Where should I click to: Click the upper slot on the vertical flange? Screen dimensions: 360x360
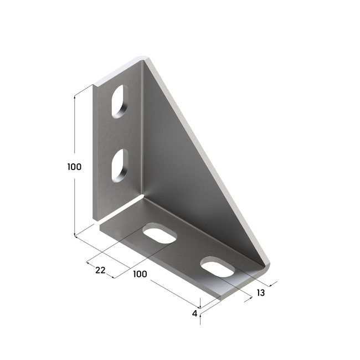click(119, 101)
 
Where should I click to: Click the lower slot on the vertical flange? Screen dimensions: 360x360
click(119, 165)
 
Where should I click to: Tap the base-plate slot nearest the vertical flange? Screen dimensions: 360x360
click(160, 234)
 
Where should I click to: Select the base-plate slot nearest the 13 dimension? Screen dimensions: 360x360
click(217, 267)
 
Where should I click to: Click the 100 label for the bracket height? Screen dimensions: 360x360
click(74, 167)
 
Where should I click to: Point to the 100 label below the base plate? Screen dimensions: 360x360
click(140, 273)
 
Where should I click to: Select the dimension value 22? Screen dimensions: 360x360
click(100, 270)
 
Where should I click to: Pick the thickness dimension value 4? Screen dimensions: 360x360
click(194, 313)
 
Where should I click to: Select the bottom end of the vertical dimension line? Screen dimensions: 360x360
click(74, 235)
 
